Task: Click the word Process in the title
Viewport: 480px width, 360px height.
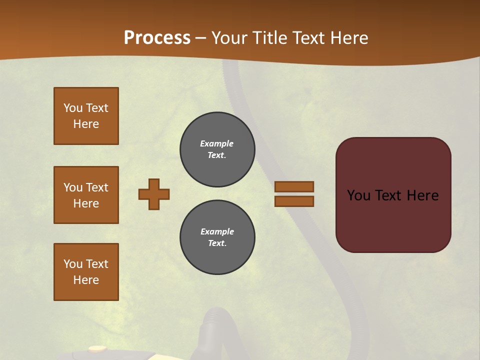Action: (157, 38)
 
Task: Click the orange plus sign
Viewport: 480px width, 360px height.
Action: (154, 194)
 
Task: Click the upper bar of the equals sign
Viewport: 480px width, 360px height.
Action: (294, 186)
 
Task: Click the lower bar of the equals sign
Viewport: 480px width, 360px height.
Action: (294, 201)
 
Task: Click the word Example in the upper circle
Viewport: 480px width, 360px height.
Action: (217, 143)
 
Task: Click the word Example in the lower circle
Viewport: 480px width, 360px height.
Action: (217, 231)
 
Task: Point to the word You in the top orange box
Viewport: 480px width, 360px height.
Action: (73, 108)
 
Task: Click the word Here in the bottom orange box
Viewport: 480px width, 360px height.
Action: (86, 280)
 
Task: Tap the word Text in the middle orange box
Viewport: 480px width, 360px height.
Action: (96, 187)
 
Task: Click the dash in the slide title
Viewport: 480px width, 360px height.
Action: (201, 38)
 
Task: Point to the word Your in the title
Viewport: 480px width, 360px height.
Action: (230, 38)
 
